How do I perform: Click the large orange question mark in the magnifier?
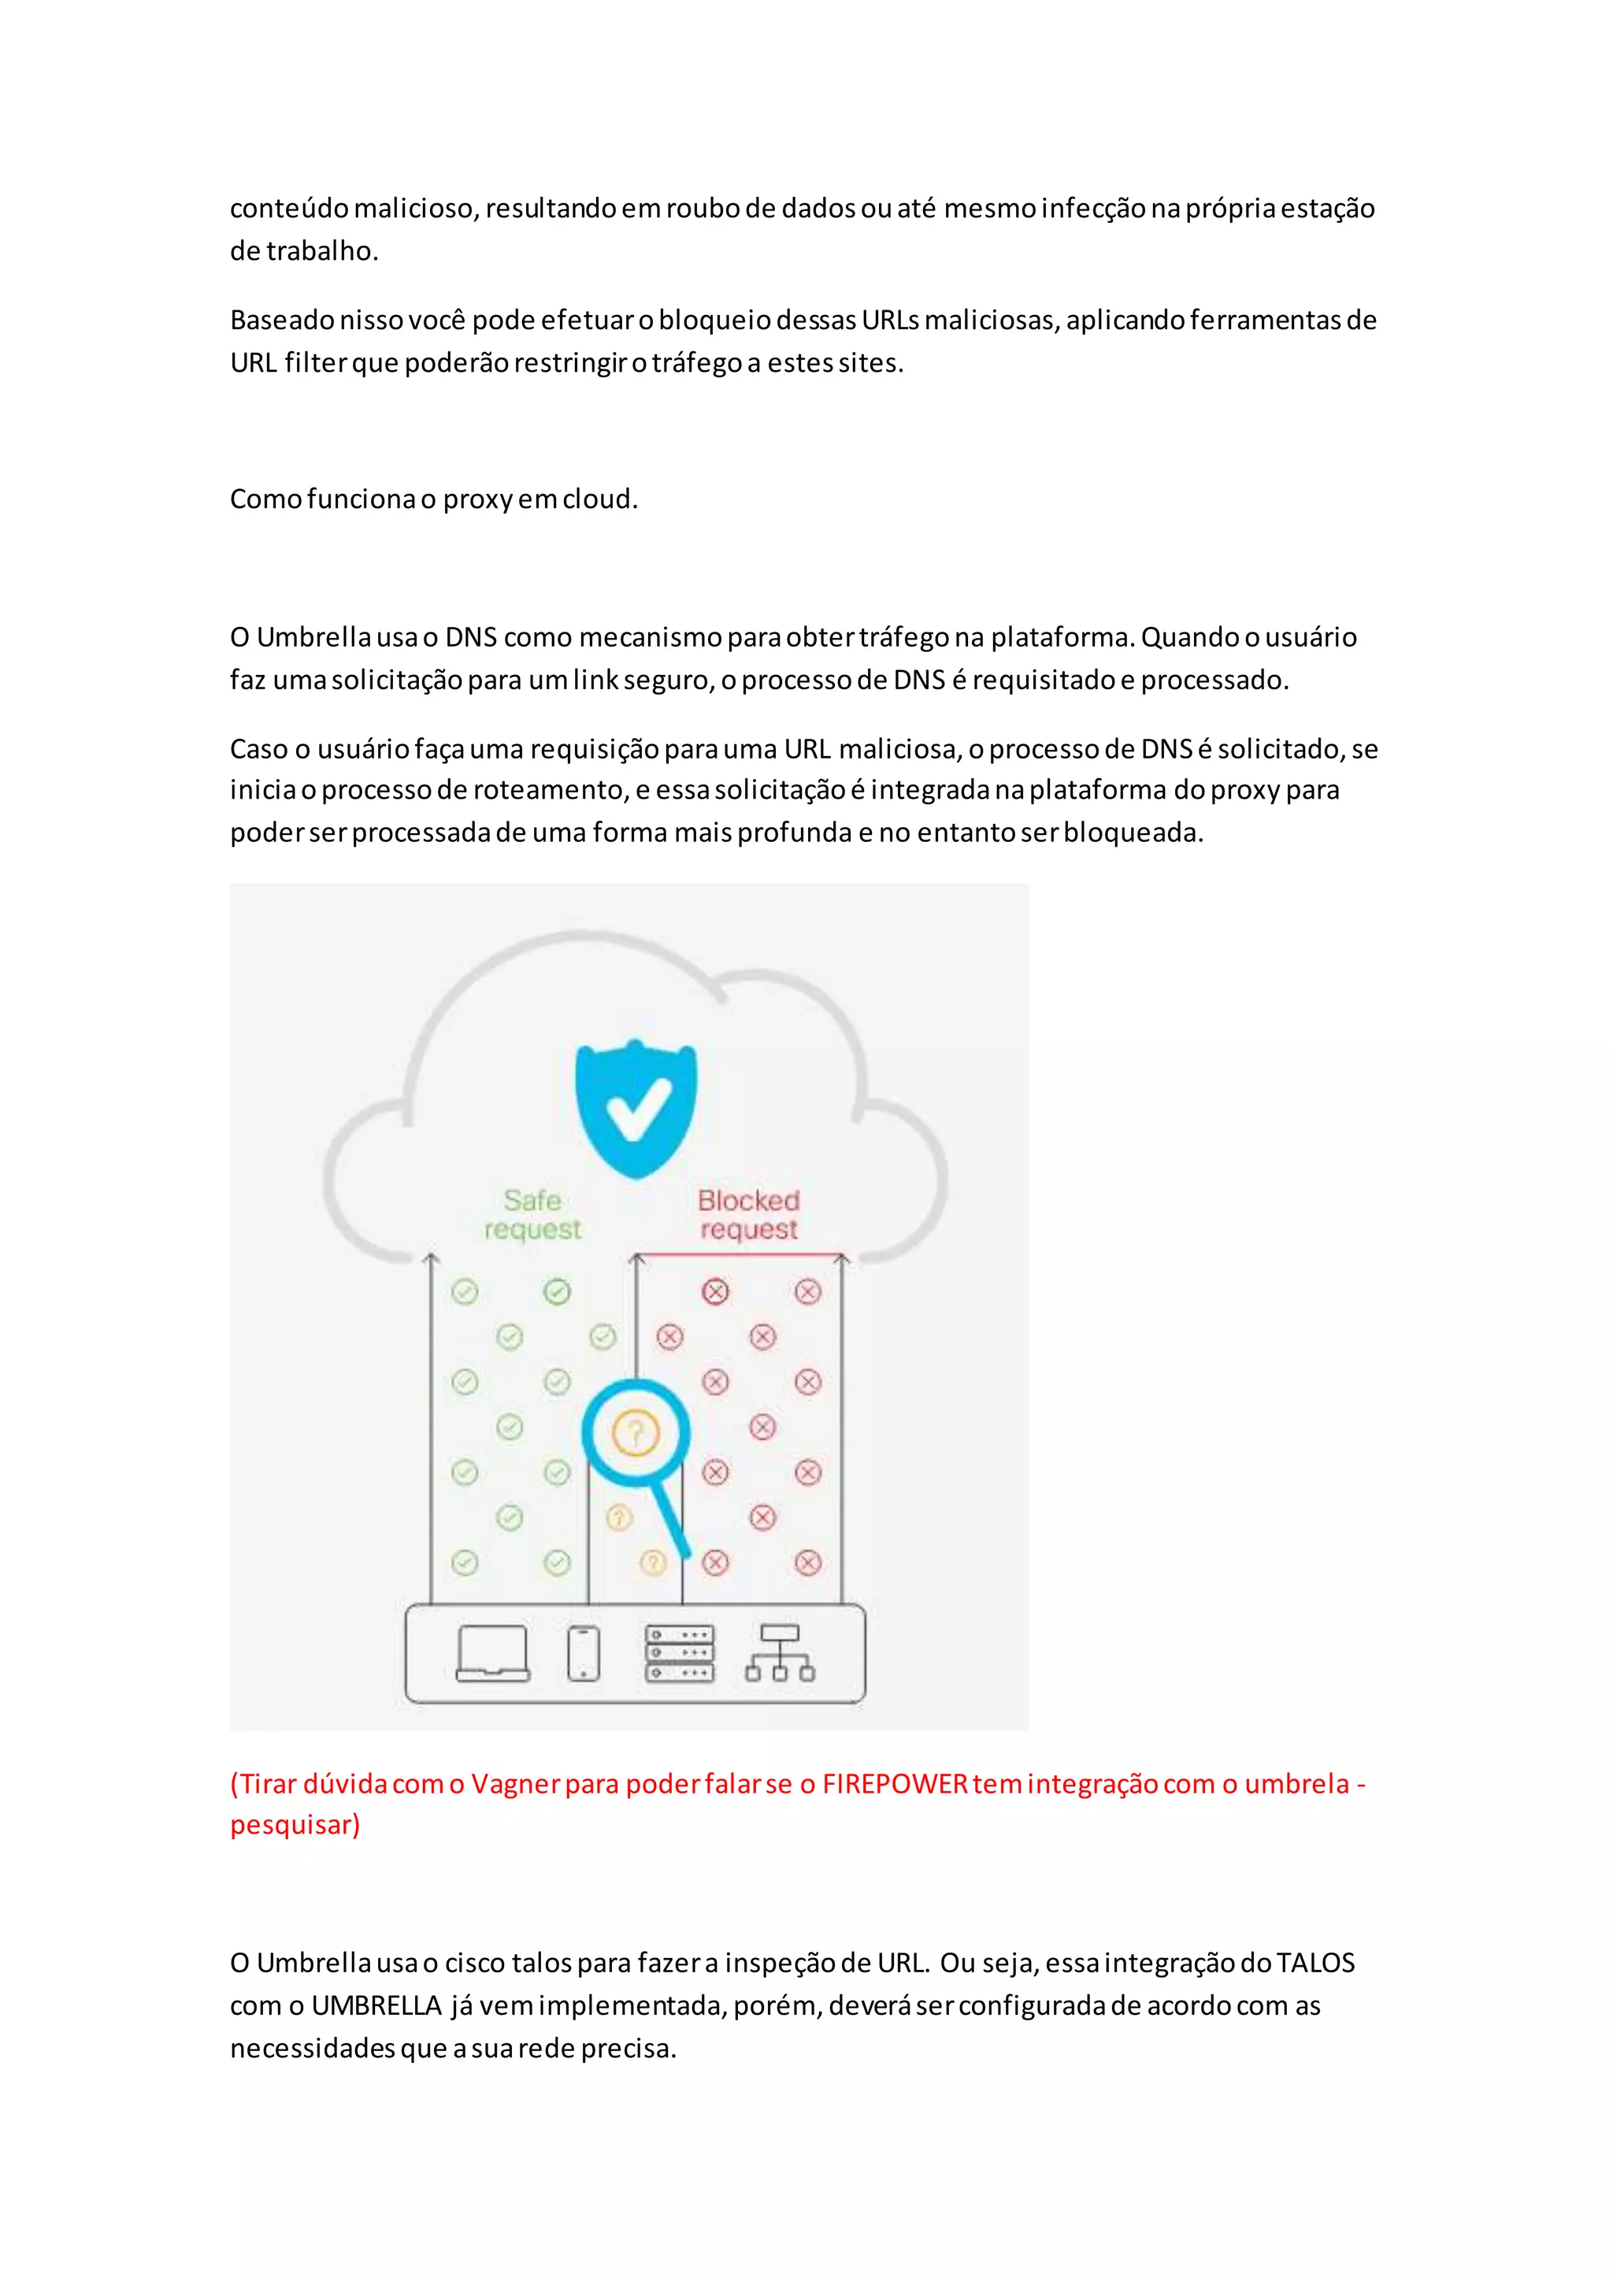(x=636, y=1433)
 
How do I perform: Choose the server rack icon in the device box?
(x=680, y=1653)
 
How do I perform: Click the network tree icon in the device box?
(x=780, y=1653)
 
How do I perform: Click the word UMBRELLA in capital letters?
(x=376, y=2006)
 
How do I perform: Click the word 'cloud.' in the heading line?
(x=600, y=499)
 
